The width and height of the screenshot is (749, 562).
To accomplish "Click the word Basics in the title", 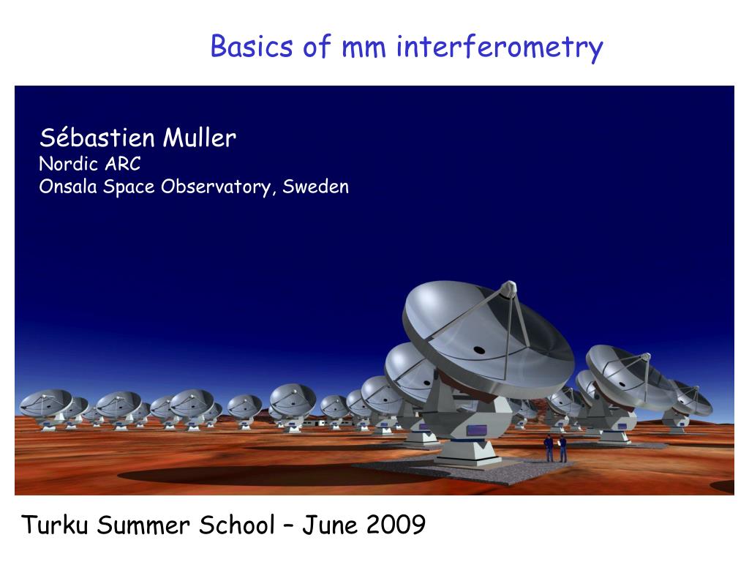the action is pyautogui.click(x=252, y=47).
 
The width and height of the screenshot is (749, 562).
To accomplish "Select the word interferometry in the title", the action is pyautogui.click(x=500, y=48).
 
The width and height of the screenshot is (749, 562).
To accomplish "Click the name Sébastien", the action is pyautogui.click(x=97, y=138).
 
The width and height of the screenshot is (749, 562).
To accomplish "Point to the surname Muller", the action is pyautogui.click(x=200, y=138).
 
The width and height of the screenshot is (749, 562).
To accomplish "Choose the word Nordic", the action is pyautogui.click(x=68, y=163).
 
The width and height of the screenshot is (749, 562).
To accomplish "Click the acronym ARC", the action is pyautogui.click(x=123, y=164).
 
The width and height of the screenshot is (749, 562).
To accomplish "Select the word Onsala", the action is pyautogui.click(x=68, y=187).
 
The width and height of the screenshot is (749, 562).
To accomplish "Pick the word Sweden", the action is pyautogui.click(x=315, y=187).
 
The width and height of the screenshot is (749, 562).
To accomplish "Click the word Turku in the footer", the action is pyautogui.click(x=54, y=525).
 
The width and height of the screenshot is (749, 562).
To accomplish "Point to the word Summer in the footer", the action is pyautogui.click(x=143, y=525).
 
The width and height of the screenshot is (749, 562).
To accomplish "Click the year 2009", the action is pyautogui.click(x=396, y=525).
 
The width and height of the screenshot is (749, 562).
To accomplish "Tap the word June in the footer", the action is pyautogui.click(x=330, y=525).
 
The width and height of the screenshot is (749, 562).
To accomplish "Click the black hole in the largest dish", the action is pyautogui.click(x=478, y=351).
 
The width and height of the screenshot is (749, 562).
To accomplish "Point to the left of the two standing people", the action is pyautogui.click(x=549, y=448).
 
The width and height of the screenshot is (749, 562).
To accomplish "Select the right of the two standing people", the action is pyautogui.click(x=562, y=449).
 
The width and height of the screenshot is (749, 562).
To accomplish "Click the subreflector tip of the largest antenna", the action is pyautogui.click(x=509, y=286).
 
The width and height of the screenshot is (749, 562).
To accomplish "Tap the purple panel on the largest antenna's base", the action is pyautogui.click(x=476, y=430).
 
